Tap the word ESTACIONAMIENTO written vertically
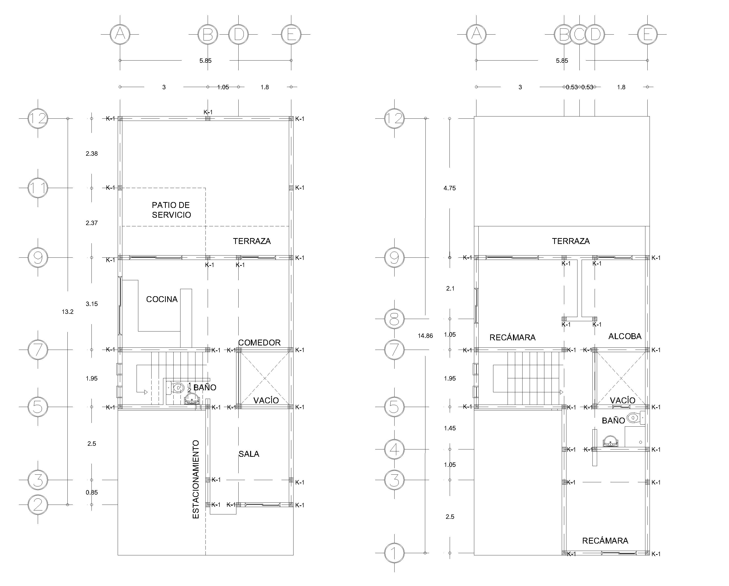[x=196, y=480]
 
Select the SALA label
[x=249, y=454]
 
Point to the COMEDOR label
[x=259, y=343]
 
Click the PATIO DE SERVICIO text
[x=171, y=210]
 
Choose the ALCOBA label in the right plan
[x=625, y=336]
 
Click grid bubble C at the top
[x=580, y=34]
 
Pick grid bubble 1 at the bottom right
[x=394, y=553]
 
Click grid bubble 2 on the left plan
[x=38, y=505]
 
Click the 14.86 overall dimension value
[x=425, y=336]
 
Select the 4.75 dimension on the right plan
[x=450, y=188]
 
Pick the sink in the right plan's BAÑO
[x=610, y=442]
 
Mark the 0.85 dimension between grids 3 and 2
[x=92, y=492]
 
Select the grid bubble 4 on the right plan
[x=394, y=449]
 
